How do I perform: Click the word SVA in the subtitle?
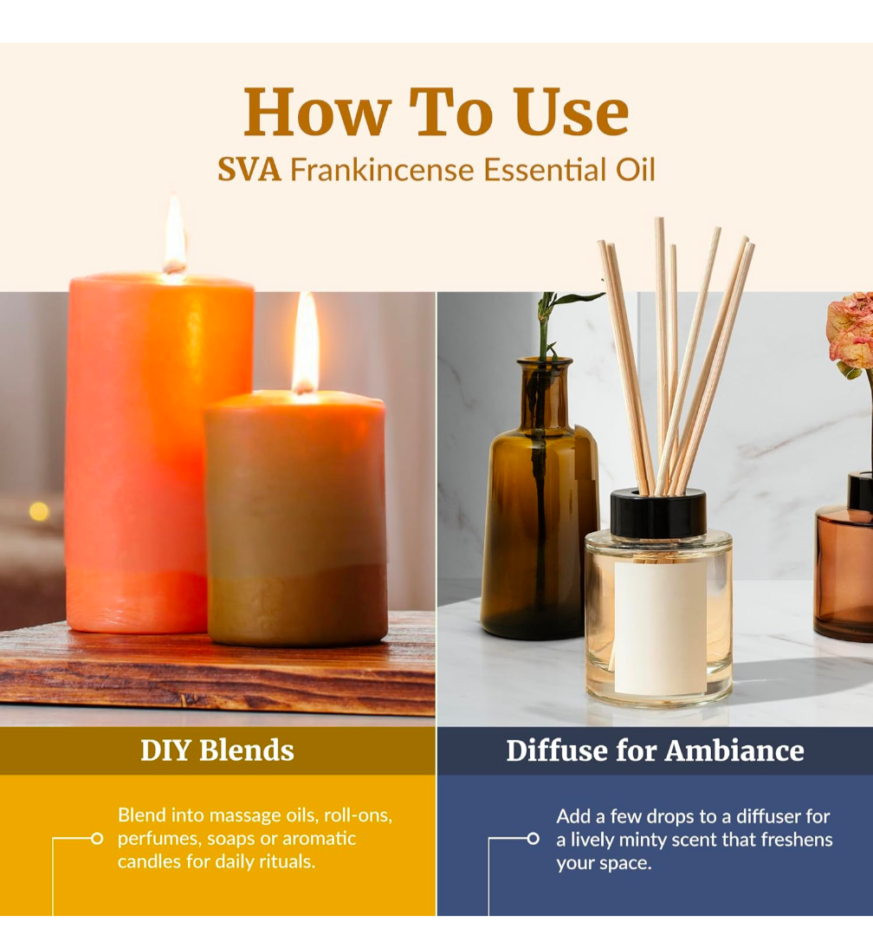[249, 169]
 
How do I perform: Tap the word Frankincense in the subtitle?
[381, 169]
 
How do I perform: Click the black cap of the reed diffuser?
[658, 512]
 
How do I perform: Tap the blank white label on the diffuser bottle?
[660, 627]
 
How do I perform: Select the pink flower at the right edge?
[851, 330]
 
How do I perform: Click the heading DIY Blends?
[217, 750]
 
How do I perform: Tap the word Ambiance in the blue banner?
[734, 750]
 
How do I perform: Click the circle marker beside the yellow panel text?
[96, 839]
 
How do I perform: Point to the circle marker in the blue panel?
[533, 839]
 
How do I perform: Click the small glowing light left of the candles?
[39, 511]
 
